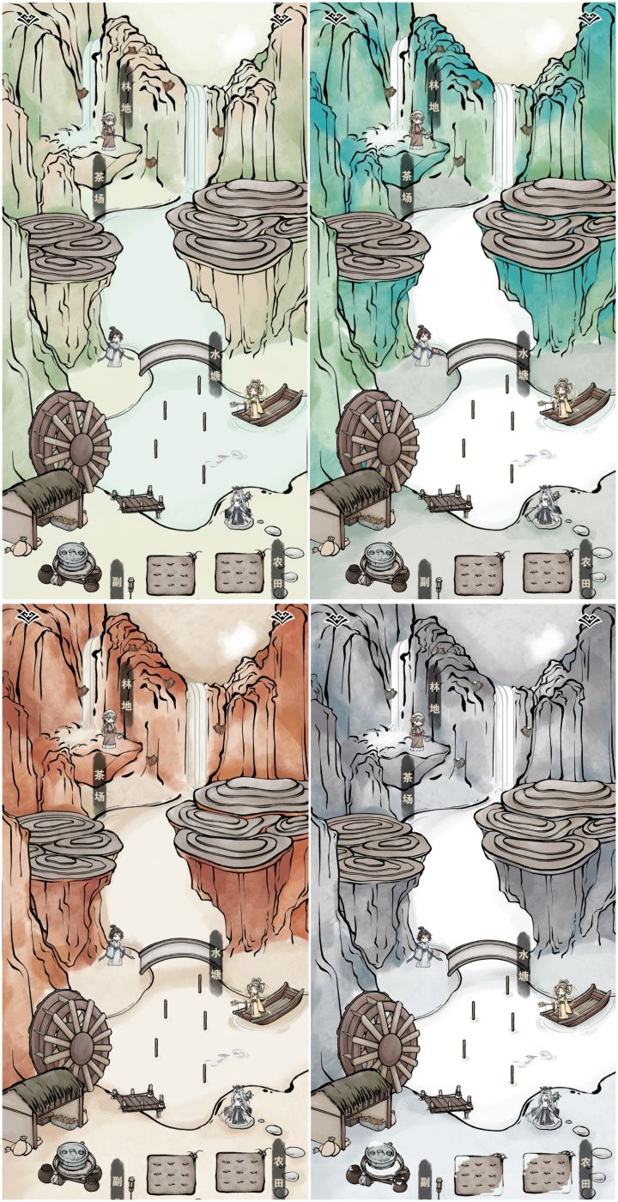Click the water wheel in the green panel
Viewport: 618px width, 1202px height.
pos(70,436)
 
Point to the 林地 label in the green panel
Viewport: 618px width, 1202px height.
pos(127,97)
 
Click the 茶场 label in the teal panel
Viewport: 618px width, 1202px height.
pos(408,186)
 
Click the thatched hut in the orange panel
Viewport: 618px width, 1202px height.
pos(42,1095)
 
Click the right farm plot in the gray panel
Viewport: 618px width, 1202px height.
pos(548,1175)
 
